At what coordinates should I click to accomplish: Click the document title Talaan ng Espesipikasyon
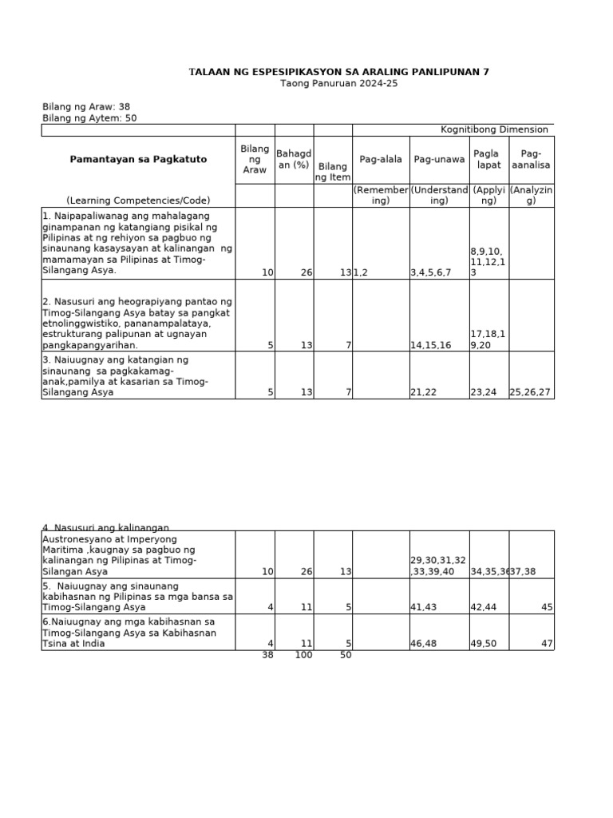click(339, 72)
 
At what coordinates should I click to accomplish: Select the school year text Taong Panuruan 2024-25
click(339, 84)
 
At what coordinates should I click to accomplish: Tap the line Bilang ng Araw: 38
click(85, 106)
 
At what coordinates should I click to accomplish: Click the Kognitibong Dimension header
click(494, 129)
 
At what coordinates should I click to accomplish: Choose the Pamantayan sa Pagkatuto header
click(138, 160)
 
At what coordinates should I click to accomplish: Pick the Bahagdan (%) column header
click(293, 159)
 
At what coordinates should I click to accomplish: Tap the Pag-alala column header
click(381, 160)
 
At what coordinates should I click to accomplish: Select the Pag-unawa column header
click(439, 160)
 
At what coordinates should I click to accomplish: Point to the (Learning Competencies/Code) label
click(138, 201)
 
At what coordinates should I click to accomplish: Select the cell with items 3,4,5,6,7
click(430, 272)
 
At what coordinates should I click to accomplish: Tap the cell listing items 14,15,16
click(430, 345)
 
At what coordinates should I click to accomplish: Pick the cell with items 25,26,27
click(531, 392)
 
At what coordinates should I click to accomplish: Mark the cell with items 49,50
click(484, 643)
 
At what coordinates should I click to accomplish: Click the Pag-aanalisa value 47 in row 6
click(546, 643)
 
